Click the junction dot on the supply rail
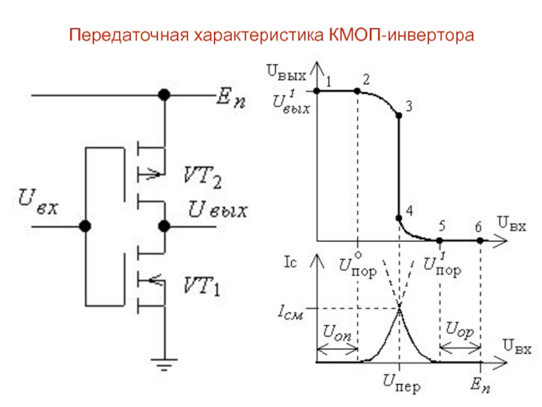pos(163,96)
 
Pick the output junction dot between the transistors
pos(163,226)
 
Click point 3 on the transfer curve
pos(398,116)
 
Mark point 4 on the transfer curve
pos(398,218)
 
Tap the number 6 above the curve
pos(479,226)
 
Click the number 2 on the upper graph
pos(366,79)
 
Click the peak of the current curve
pos(400,307)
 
